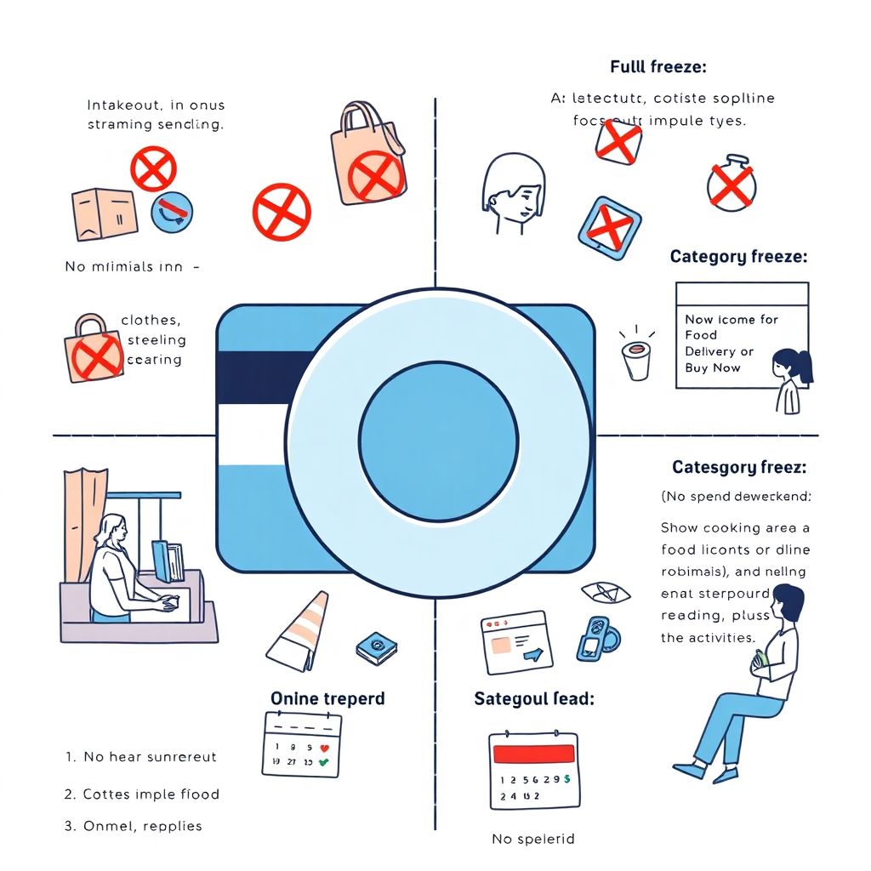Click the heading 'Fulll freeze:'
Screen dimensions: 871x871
coord(658,66)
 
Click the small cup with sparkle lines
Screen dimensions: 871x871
coord(636,357)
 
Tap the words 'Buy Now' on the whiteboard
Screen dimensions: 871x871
coord(713,367)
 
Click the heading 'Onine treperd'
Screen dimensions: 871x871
coord(327,698)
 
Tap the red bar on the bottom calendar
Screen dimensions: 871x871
coord(534,754)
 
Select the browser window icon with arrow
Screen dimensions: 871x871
coord(515,643)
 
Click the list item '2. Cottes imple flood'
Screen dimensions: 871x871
coord(142,794)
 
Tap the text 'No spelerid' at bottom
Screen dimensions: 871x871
coord(533,839)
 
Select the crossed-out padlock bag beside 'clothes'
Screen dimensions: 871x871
coord(93,350)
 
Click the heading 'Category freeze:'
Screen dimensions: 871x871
coord(738,256)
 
